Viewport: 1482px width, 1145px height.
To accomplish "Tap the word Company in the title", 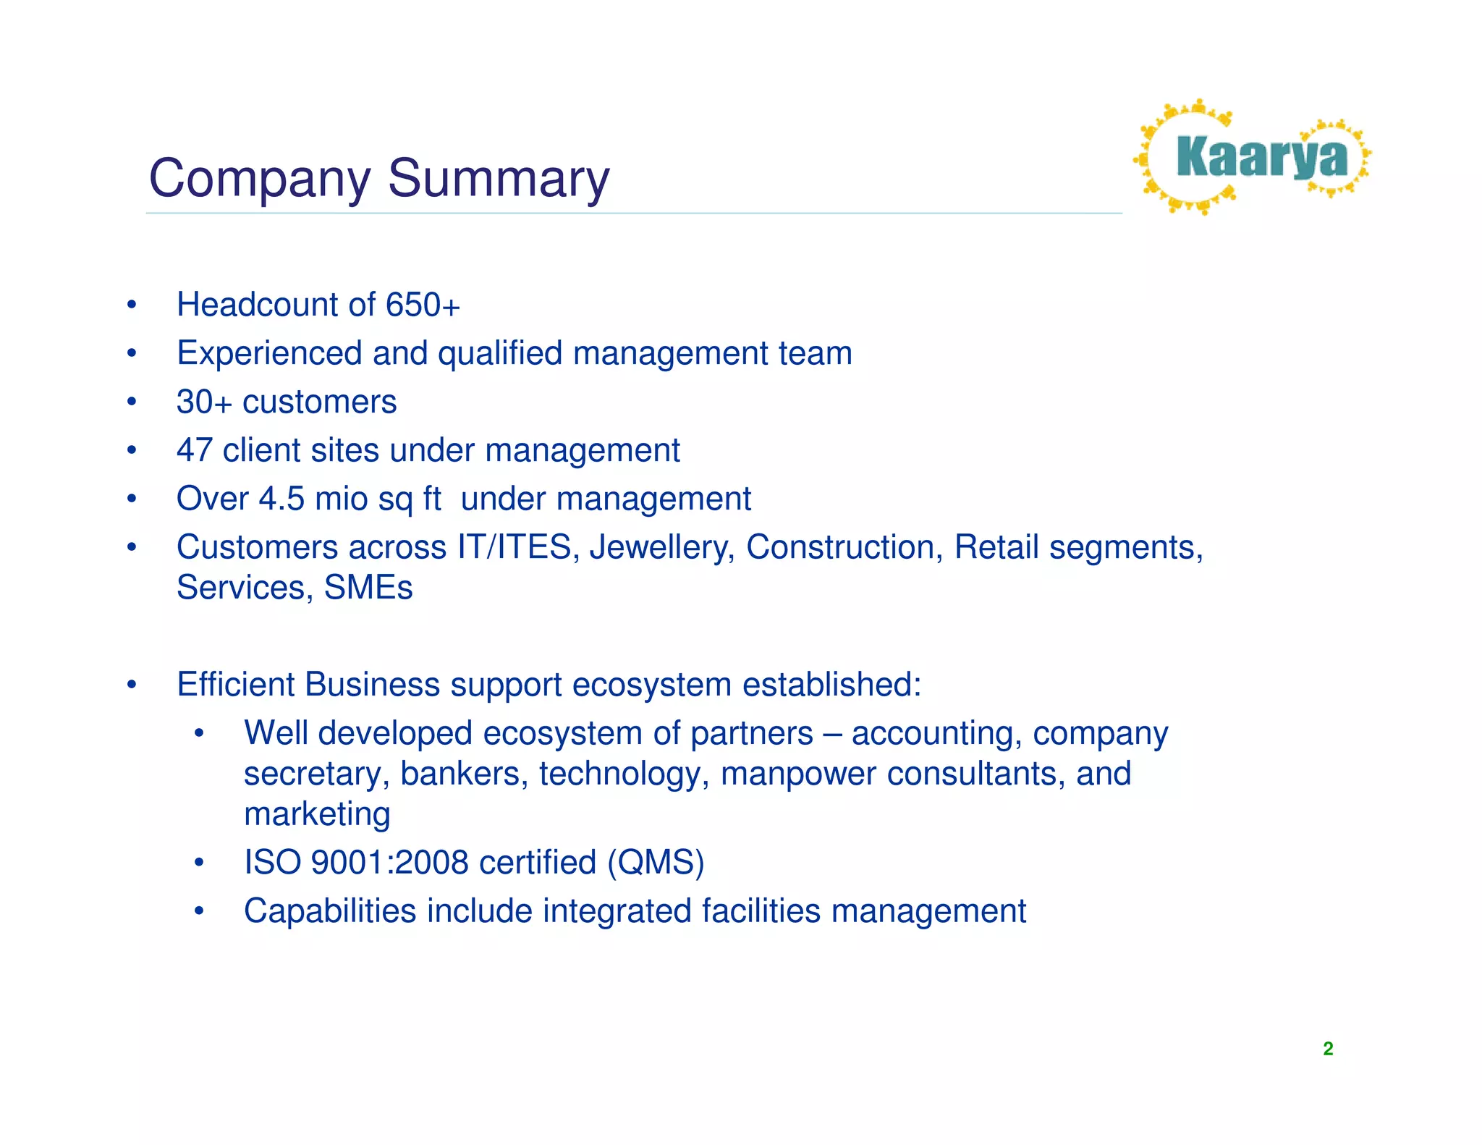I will pos(259,179).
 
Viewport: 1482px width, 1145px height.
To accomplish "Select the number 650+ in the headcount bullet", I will pos(423,305).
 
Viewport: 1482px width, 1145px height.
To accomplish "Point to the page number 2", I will pos(1328,1049).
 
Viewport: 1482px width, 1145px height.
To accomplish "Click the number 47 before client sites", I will pos(194,450).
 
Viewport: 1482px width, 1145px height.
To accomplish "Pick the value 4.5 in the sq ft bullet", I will pos(281,499).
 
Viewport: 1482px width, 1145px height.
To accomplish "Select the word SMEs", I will pos(368,588).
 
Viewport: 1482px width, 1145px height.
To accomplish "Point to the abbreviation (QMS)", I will pos(656,863).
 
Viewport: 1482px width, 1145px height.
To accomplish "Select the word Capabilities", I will pos(330,911).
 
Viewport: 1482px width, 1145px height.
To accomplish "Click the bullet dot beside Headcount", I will pos(131,305).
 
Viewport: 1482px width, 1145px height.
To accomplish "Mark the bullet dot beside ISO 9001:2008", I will pos(199,863).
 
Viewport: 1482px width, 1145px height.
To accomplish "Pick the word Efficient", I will pos(235,685).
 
